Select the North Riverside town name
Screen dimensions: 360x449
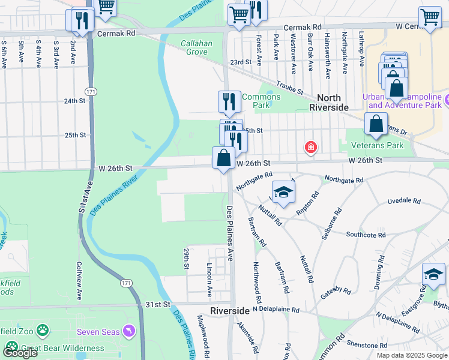pos(328,102)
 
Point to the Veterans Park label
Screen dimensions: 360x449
pos(378,145)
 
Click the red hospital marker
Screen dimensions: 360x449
pos(310,147)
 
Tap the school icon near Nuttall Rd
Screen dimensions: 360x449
pos(284,193)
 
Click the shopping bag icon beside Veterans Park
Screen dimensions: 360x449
pos(376,125)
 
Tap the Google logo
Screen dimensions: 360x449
pos(19,353)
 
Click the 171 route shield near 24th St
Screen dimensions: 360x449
pos(90,91)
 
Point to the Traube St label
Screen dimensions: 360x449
pos(290,87)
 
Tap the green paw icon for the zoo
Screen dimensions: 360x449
pos(43,330)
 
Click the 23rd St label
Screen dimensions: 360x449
pos(240,62)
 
